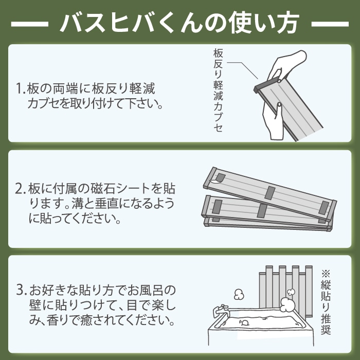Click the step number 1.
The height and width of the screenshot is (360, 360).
pos(20,88)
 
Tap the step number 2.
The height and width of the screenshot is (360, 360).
pos(20,189)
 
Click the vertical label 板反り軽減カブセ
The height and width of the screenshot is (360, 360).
pos(218,90)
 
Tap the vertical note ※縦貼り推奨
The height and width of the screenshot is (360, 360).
pos(326,302)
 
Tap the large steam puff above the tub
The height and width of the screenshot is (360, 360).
pos(288,305)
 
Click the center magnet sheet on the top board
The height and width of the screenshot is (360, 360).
pos(270,193)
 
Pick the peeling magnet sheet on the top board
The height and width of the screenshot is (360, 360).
pos(219,178)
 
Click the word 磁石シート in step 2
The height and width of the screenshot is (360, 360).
pos(120,189)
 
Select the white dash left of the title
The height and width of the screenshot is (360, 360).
pos(30,24)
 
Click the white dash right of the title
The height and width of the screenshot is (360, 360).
pos(330,24)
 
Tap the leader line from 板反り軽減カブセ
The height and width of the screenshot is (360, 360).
pos(243,70)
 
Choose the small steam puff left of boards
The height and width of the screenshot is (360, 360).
pos(239,295)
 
